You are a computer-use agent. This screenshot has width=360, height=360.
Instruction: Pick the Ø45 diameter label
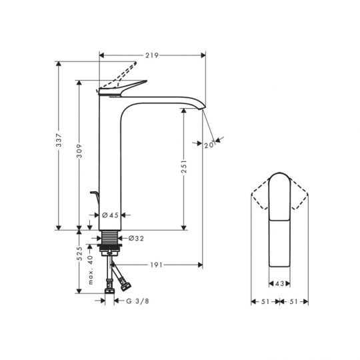(112, 215)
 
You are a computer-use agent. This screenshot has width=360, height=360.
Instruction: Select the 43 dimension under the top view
(279, 284)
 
